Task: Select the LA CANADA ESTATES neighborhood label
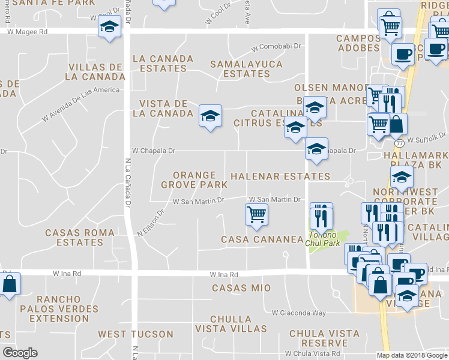pos(163,64)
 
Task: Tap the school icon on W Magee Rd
pos(110,28)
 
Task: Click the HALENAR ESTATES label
pos(280,176)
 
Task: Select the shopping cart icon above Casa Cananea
pos(257,215)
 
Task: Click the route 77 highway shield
pos(399,144)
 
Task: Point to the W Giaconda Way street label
pos(298,313)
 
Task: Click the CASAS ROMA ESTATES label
pos(74,238)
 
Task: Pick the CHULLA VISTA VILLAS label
pos(238,324)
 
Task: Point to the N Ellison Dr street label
pos(151,222)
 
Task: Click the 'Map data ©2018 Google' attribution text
pos(412,355)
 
